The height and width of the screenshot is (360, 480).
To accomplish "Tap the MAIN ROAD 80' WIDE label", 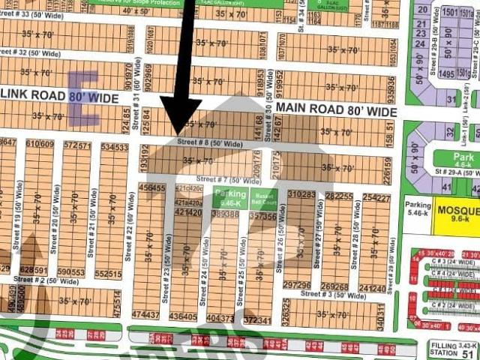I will (335, 110).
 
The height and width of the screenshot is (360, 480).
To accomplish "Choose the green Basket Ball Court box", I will (263, 198).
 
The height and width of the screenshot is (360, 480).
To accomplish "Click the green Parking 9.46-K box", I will (230, 198).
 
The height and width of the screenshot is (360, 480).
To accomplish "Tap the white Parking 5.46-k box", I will (418, 207).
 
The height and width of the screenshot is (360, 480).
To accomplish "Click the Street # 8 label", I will (203, 142).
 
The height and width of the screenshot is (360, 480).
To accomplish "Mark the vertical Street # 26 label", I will (280, 247).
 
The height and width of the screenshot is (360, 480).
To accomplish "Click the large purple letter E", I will (82, 97).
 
